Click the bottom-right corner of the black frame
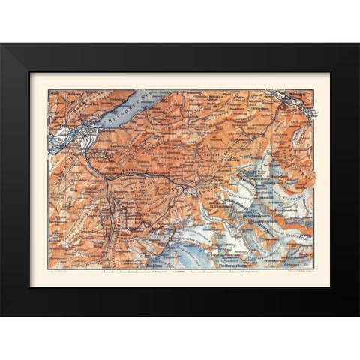coord(358,315)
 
